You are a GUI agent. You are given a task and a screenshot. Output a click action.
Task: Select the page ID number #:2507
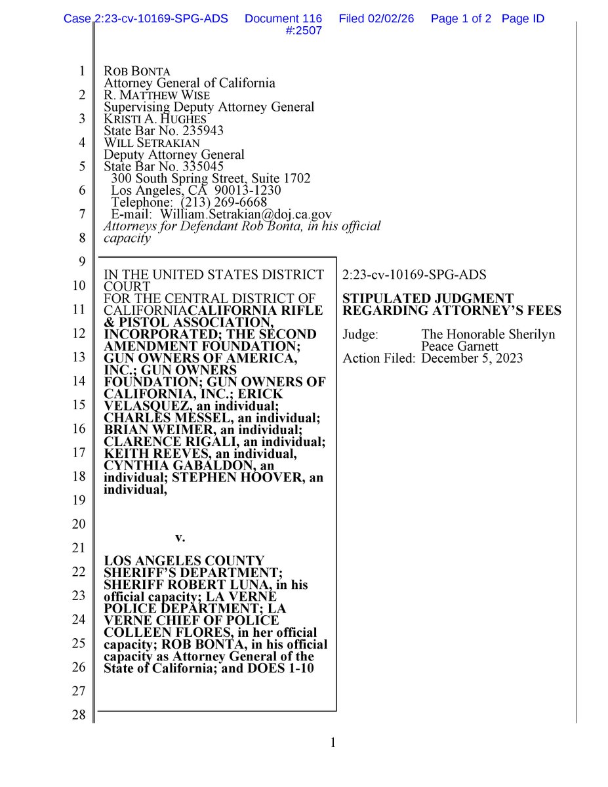coord(305,31)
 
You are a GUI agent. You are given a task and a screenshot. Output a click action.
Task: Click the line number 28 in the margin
coord(78,715)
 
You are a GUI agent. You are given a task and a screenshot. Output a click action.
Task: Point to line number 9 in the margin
coord(81,262)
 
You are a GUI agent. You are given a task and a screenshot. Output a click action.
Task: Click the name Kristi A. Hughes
coord(155,119)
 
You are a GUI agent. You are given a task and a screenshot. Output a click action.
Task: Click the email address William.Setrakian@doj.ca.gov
coord(246,214)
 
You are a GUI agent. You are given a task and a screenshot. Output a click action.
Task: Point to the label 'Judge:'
coord(360,335)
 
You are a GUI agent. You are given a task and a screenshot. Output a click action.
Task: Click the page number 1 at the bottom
coord(332,742)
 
